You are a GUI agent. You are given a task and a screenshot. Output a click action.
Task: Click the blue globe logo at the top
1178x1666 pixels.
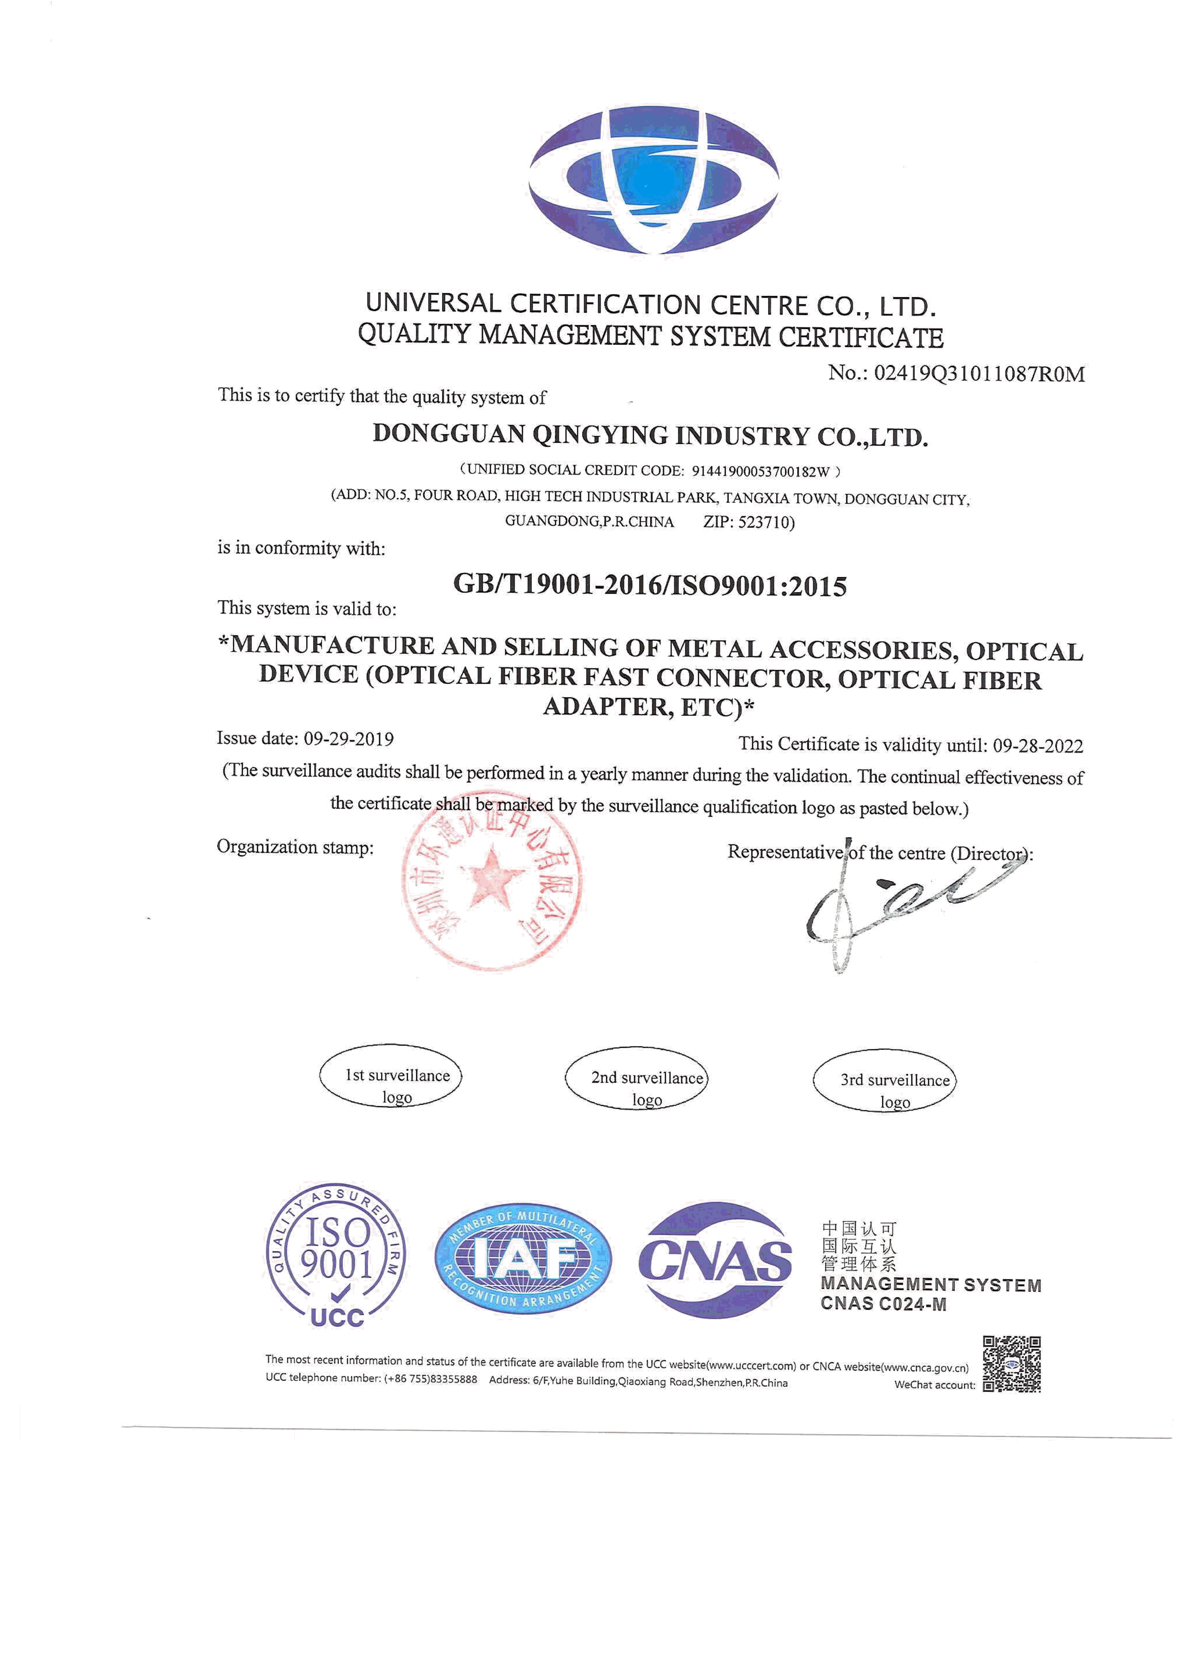tap(653, 180)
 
